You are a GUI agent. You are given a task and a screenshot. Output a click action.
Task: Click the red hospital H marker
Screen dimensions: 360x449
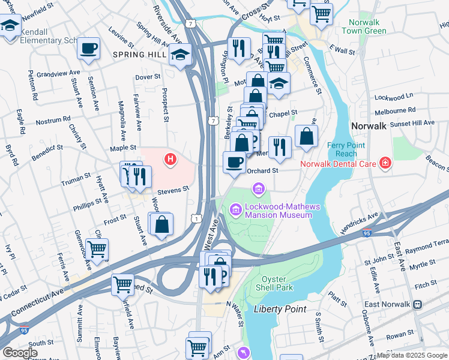(171, 159)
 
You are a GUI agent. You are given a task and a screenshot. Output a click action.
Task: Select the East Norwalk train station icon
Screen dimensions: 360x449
(418, 305)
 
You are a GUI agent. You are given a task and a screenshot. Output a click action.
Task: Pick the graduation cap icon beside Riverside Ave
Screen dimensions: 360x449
(179, 55)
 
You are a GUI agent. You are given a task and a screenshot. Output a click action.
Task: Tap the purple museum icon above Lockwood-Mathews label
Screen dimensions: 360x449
(259, 190)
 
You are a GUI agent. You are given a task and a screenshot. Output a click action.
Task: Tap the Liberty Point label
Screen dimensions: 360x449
(280, 309)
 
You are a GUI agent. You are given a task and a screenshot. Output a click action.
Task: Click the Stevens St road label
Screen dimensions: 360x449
(173, 188)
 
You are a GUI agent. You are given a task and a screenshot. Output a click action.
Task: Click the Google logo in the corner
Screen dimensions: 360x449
(20, 353)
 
